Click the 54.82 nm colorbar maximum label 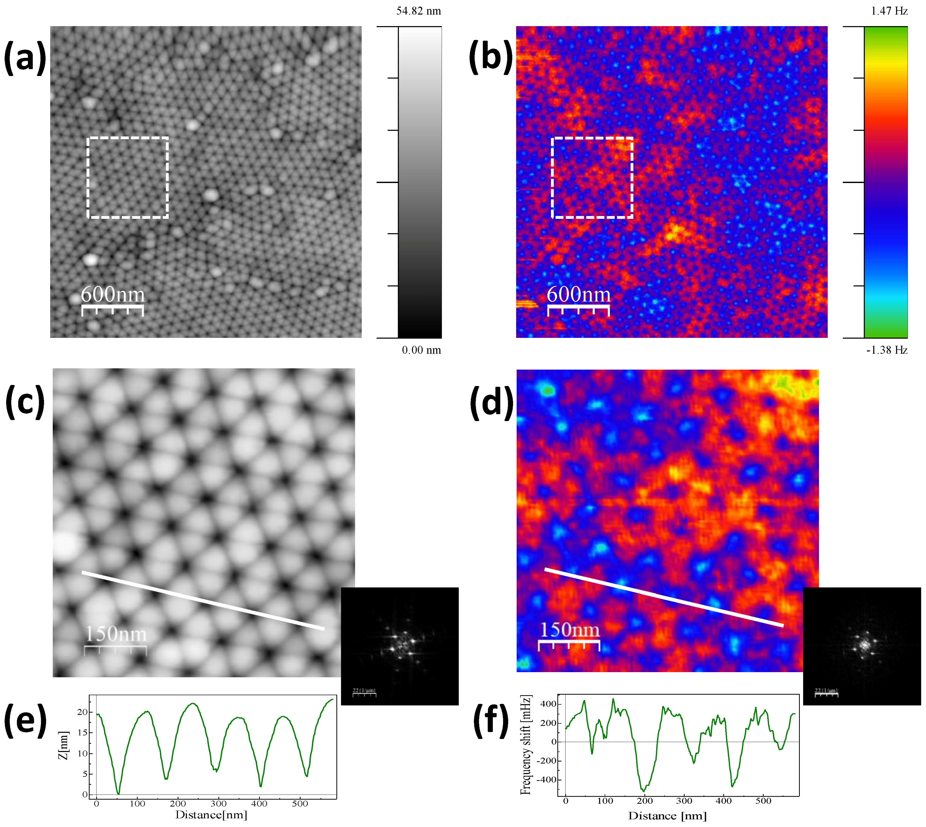[418, 11]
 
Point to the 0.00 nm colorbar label [421, 350]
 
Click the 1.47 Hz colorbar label [889, 11]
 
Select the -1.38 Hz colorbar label [886, 350]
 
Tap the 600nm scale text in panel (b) [578, 294]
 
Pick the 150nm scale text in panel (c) [116, 634]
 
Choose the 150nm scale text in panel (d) [569, 630]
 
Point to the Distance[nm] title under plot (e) [211, 815]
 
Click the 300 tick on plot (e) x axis [219, 803]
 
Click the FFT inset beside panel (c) [400, 646]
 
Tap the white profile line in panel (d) [664, 597]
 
